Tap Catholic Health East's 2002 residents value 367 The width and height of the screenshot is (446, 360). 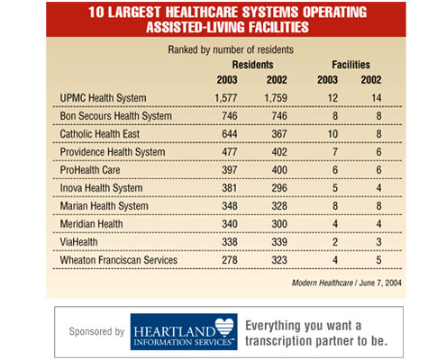(x=279, y=134)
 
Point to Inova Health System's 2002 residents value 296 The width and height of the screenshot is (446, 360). (x=279, y=189)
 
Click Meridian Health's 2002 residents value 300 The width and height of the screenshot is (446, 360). (x=279, y=226)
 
